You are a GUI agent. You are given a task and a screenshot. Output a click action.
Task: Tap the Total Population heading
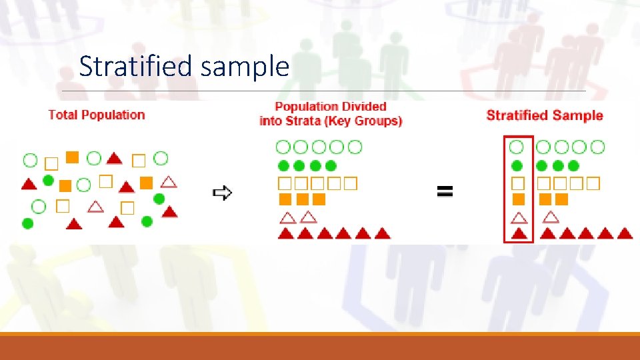97,115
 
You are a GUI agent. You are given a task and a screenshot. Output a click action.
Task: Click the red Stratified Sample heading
545,115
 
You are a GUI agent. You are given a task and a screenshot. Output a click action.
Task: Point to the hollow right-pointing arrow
222,193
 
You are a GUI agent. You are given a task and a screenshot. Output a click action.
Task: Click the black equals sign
445,192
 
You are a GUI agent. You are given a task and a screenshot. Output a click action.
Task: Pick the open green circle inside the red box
517,147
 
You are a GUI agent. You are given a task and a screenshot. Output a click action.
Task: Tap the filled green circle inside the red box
517,165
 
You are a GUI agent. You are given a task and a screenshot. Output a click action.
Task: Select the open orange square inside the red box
517,183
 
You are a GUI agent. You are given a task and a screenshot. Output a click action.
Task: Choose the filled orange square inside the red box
518,199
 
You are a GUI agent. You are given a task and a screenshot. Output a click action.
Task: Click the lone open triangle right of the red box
551,217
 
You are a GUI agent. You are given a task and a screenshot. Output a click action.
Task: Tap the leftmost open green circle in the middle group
284,147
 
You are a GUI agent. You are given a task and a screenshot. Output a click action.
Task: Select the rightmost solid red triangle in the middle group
382,233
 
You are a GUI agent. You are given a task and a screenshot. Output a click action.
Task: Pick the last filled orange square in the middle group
319,199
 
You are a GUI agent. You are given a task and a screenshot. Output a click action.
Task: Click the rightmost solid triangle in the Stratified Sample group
625,233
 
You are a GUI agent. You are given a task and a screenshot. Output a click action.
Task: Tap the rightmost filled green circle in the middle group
331,165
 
